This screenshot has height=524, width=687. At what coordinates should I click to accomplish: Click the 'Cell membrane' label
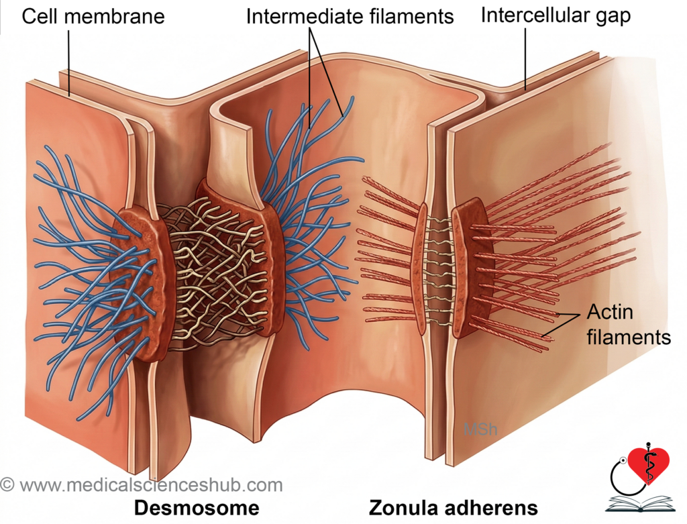pyautogui.click(x=93, y=17)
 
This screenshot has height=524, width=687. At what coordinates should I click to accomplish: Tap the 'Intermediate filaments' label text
pyautogui.click(x=350, y=17)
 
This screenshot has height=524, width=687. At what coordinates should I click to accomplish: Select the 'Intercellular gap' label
pyautogui.click(x=556, y=16)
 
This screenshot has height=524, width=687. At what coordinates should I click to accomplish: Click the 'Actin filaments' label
pyautogui.click(x=629, y=325)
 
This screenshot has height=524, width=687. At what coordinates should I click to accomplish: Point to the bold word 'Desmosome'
pyautogui.click(x=197, y=508)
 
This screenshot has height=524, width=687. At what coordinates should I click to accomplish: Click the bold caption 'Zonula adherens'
pyautogui.click(x=454, y=508)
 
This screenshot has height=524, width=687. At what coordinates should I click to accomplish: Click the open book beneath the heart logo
pyautogui.click(x=639, y=503)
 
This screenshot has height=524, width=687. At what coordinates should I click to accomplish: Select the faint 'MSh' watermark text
pyautogui.click(x=480, y=429)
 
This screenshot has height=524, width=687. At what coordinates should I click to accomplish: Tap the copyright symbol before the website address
pyautogui.click(x=7, y=484)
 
